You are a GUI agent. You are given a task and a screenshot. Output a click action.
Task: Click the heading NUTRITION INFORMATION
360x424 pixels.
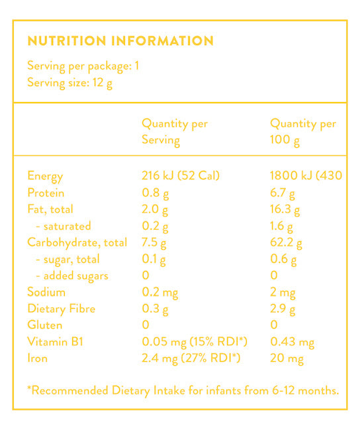click(x=120, y=41)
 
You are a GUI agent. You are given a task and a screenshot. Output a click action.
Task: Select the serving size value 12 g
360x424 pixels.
click(x=103, y=83)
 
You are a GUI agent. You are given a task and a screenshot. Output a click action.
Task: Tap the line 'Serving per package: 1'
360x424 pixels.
click(x=83, y=66)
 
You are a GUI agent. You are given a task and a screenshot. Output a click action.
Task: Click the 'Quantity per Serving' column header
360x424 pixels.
click(x=175, y=132)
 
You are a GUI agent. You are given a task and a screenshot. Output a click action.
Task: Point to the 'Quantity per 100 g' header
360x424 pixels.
click(x=303, y=132)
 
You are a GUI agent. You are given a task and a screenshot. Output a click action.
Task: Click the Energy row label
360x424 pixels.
click(x=45, y=176)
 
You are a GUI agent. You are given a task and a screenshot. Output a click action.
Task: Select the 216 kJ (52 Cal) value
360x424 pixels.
click(x=181, y=176)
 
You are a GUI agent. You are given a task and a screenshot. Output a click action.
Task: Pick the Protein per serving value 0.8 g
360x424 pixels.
click(x=156, y=193)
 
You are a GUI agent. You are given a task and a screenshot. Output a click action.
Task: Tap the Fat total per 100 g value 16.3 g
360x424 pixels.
click(x=285, y=210)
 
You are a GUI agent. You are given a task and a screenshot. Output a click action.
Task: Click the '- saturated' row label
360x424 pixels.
click(x=64, y=226)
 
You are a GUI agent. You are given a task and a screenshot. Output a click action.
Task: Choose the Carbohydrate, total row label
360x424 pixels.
click(x=77, y=242)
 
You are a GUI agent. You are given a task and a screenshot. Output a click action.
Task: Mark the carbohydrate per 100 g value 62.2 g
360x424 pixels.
click(x=286, y=243)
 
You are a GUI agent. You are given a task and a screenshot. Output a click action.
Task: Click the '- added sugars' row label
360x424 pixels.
click(x=72, y=276)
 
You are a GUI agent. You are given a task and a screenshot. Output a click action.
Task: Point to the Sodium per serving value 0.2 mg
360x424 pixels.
click(x=160, y=293)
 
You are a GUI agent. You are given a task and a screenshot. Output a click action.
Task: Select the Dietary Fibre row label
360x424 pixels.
click(x=62, y=309)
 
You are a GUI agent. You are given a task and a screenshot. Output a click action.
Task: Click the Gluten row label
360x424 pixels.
click(x=45, y=325)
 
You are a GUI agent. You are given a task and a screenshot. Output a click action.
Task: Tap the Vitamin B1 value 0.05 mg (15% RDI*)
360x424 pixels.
click(x=195, y=342)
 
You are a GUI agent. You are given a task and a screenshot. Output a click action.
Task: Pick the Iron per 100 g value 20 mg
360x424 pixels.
click(x=287, y=358)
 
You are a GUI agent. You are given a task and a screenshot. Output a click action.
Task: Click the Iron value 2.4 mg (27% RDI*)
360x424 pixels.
click(x=191, y=358)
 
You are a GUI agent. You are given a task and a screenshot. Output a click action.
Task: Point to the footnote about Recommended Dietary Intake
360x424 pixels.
click(x=183, y=391)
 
